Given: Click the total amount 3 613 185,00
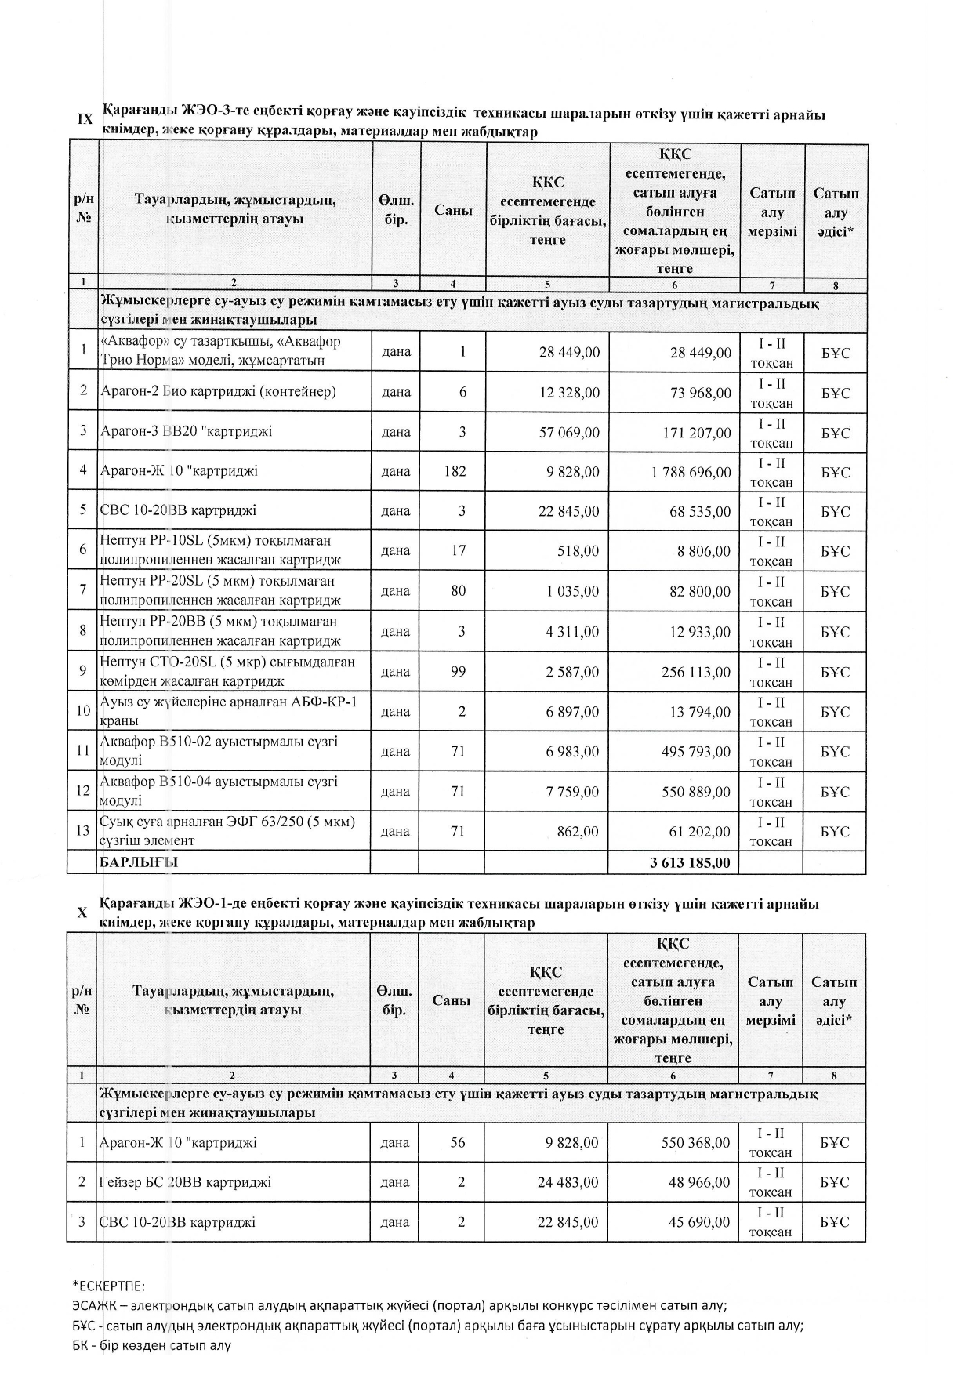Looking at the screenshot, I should (x=689, y=863).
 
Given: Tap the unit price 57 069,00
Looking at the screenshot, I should (x=569, y=432).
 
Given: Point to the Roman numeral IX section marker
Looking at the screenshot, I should (x=85, y=119).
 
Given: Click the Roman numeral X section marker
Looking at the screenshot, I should (x=82, y=912).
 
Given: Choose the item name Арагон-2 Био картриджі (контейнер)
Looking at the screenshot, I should (x=218, y=391).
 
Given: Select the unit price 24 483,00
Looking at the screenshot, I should (x=568, y=1182).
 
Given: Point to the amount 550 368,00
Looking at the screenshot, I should (x=695, y=1143).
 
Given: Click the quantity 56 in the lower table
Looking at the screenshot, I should (x=458, y=1143).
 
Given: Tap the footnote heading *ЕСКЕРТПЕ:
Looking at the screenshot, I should (x=109, y=1286).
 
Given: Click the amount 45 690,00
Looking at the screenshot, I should (x=698, y=1222).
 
